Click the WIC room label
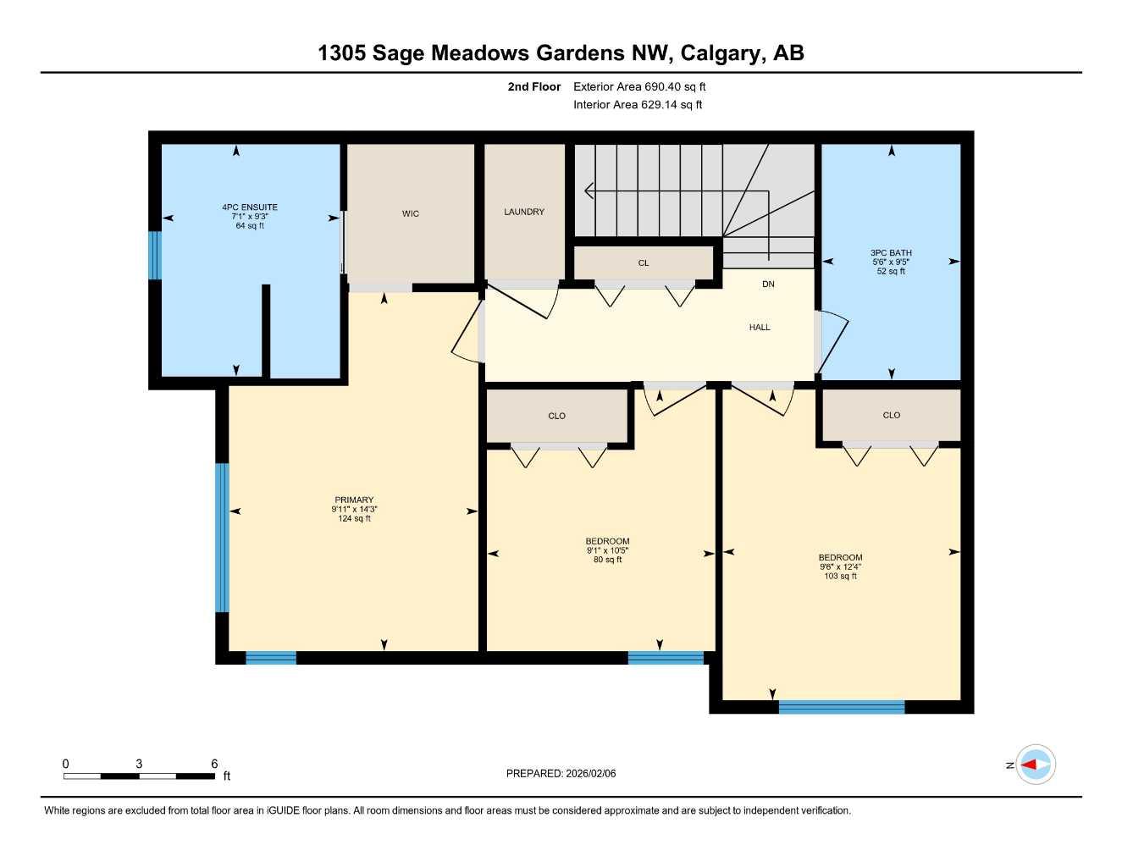pyautogui.click(x=411, y=214)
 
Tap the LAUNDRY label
pyautogui.click(x=524, y=212)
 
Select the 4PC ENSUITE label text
pyautogui.click(x=250, y=207)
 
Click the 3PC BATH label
pyautogui.click(x=891, y=253)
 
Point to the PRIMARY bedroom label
pyautogui.click(x=354, y=500)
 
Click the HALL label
pyautogui.click(x=760, y=328)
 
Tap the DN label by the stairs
pyautogui.click(x=768, y=284)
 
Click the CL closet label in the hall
pyautogui.click(x=644, y=263)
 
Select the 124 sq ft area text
pyautogui.click(x=354, y=519)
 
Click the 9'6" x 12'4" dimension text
pyautogui.click(x=840, y=567)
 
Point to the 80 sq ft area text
pyautogui.click(x=607, y=560)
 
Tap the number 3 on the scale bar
pyautogui.click(x=139, y=764)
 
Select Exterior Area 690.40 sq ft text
pyautogui.click(x=639, y=87)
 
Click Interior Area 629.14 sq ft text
pyautogui.click(x=638, y=105)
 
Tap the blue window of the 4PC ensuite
pyautogui.click(x=154, y=255)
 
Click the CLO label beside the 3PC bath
pyautogui.click(x=891, y=416)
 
